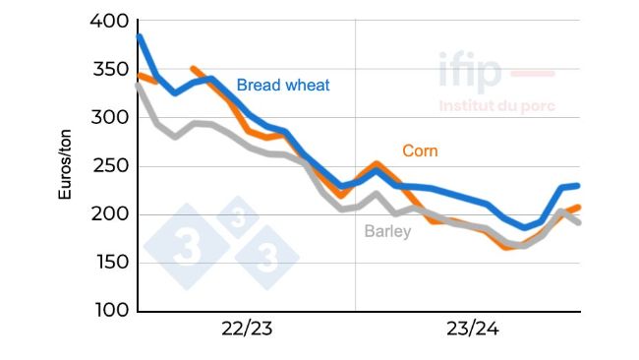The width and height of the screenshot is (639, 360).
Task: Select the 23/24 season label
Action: [x=472, y=329]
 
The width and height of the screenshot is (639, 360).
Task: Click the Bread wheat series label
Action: [x=283, y=85]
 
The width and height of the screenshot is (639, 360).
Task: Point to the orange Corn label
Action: [x=420, y=150]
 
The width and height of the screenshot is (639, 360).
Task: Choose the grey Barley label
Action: [x=387, y=232]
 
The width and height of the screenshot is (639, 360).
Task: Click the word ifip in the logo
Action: [x=470, y=72]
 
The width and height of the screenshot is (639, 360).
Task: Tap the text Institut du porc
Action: [x=496, y=105]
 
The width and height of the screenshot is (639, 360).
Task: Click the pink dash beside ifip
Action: [x=534, y=74]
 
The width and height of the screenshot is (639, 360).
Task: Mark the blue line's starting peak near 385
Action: [x=139, y=36]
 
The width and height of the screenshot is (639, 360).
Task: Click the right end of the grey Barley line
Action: [x=578, y=222]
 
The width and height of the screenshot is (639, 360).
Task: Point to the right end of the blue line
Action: [x=578, y=185]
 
